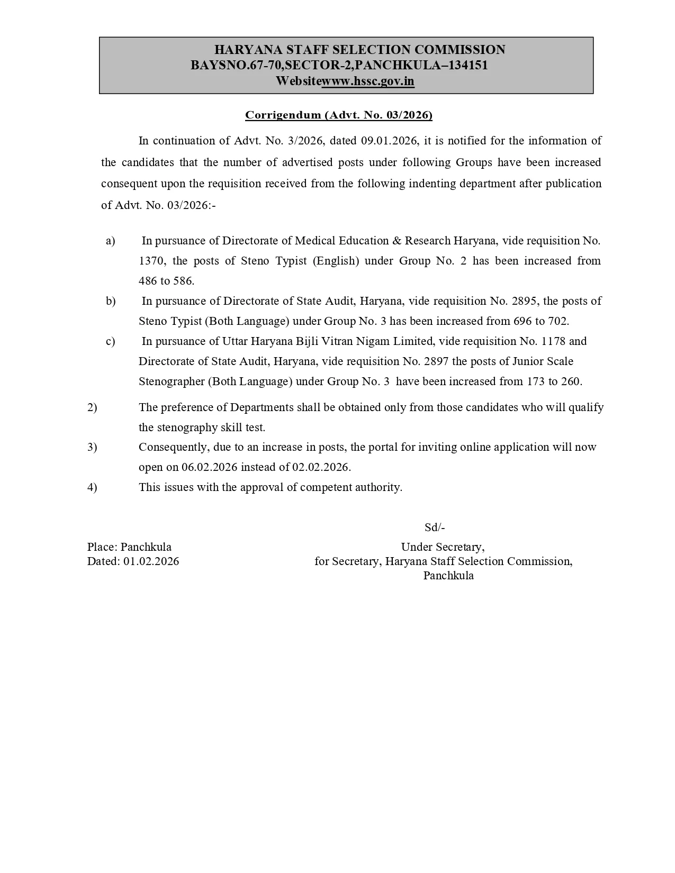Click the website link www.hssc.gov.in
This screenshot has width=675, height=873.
368,81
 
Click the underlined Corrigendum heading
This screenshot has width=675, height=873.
338,115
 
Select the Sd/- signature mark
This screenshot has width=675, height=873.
435,528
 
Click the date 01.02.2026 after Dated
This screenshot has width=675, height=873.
151,561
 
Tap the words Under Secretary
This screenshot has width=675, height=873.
443,547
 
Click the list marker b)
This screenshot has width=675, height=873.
111,301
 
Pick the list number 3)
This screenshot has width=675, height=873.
92,447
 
